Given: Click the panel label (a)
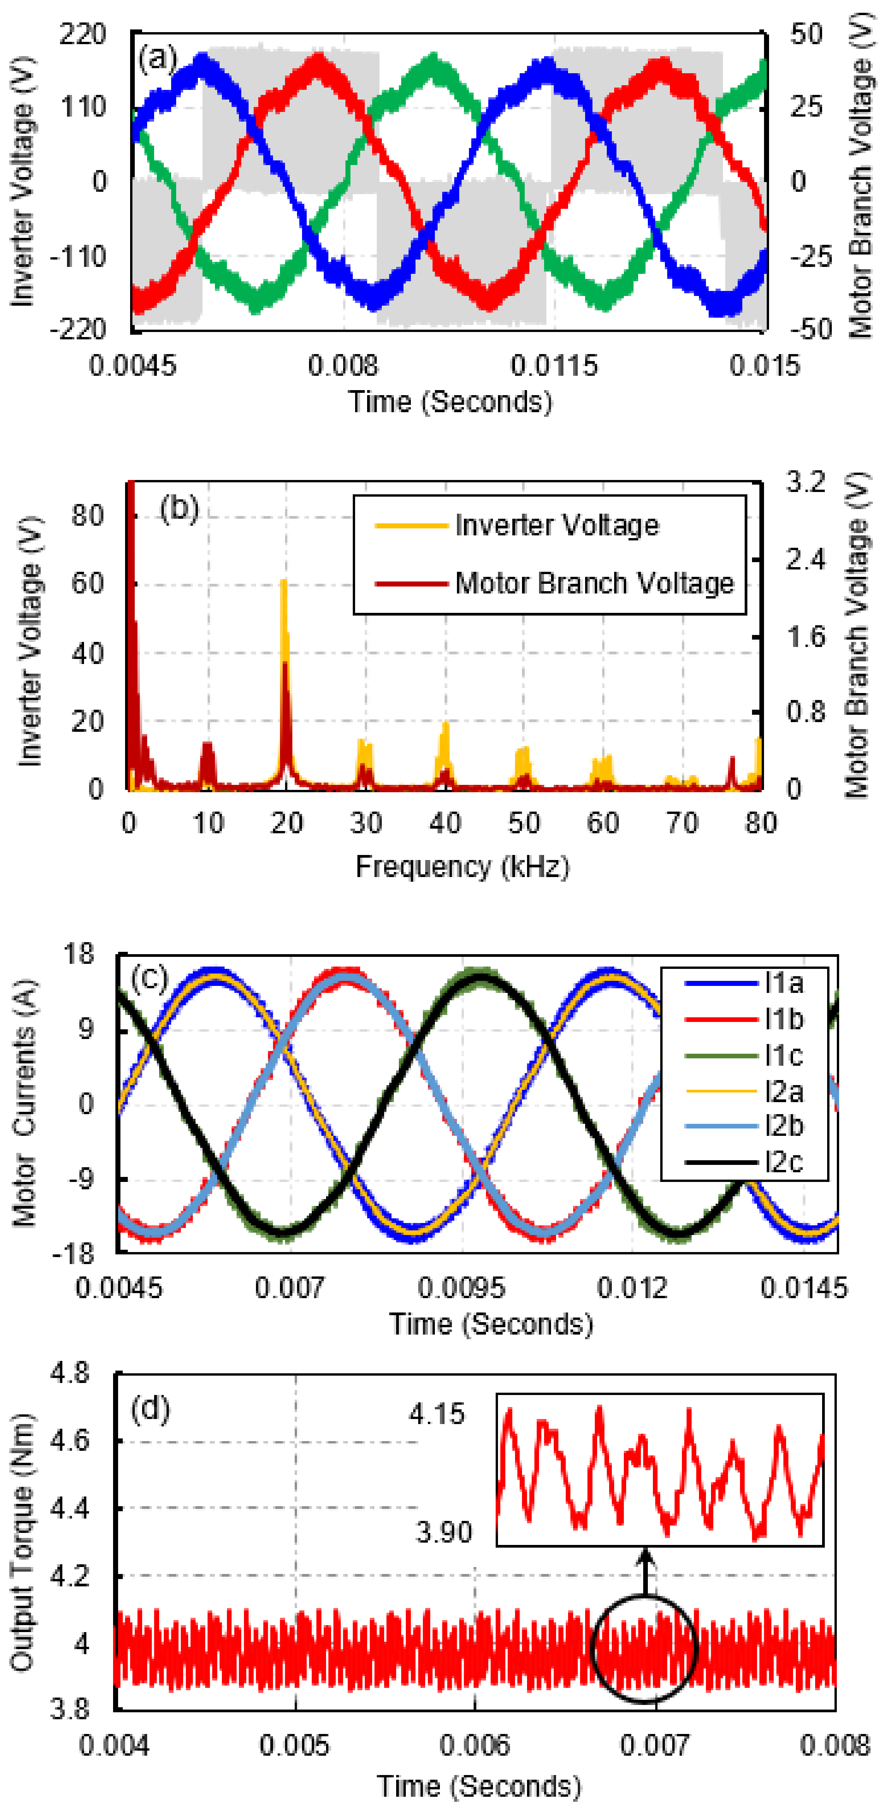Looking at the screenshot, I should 158,58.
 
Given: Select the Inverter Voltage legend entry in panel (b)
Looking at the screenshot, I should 519,525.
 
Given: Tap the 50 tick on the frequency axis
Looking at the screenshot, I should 524,823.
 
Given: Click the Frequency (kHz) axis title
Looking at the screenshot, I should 462,866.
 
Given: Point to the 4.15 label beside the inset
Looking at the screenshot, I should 437,1414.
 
